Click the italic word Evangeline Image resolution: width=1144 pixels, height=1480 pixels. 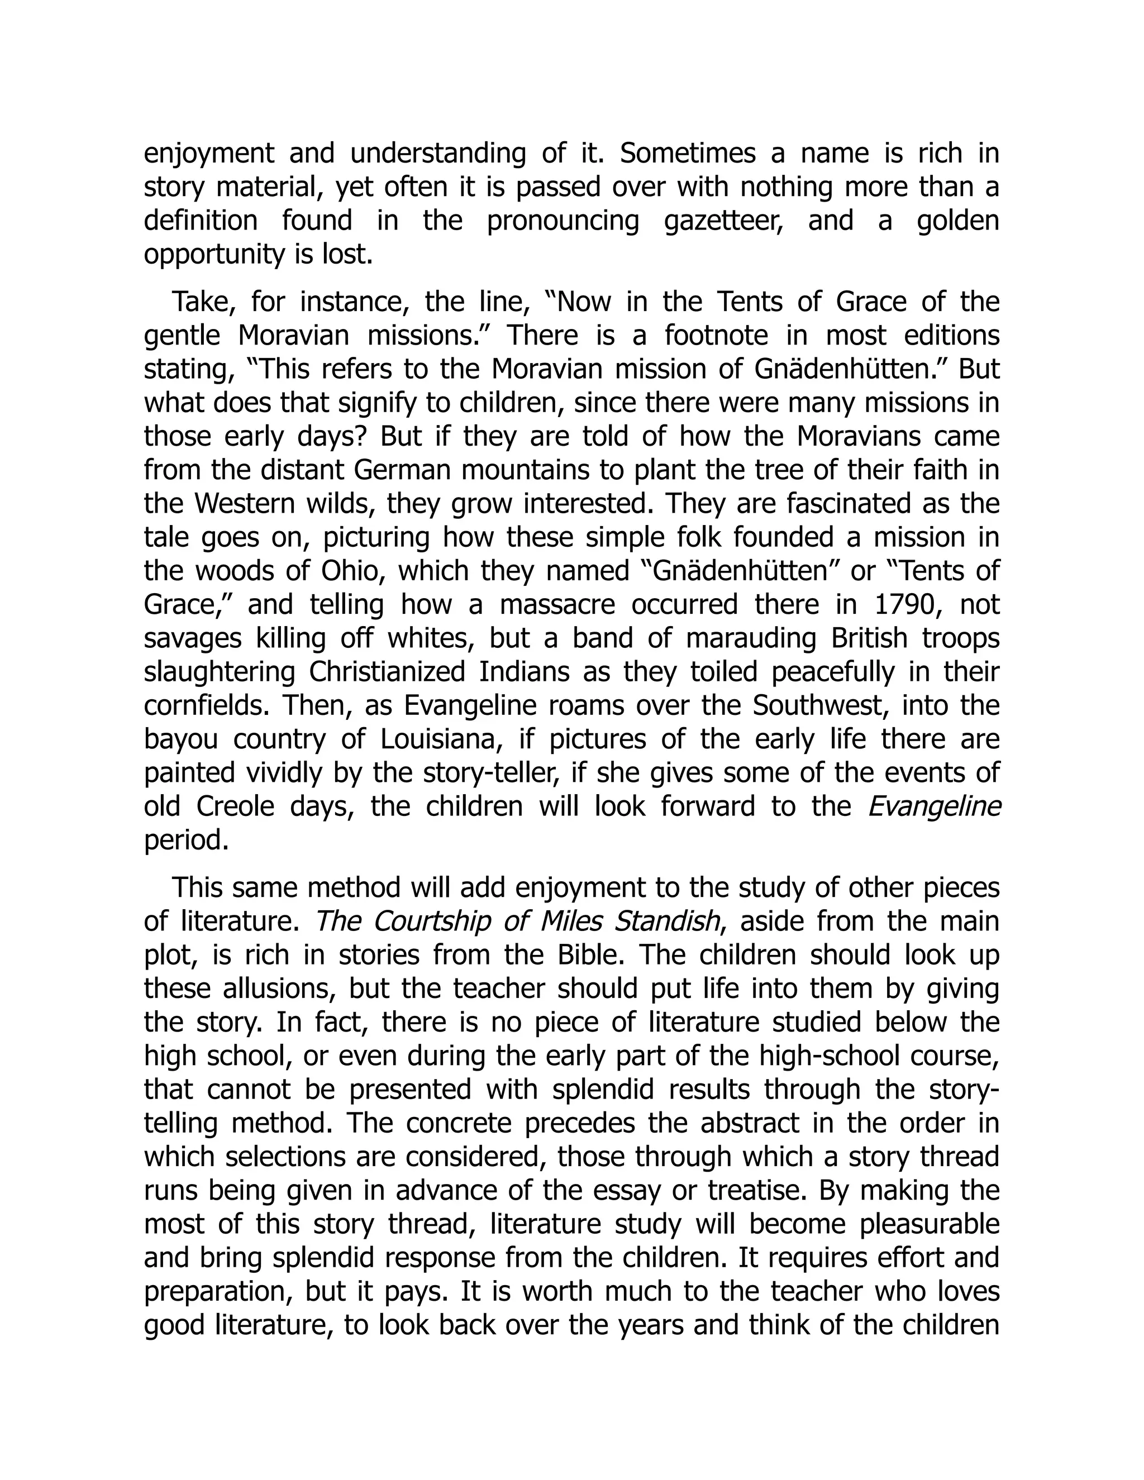[935, 806]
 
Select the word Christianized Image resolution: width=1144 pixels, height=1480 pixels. [387, 672]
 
